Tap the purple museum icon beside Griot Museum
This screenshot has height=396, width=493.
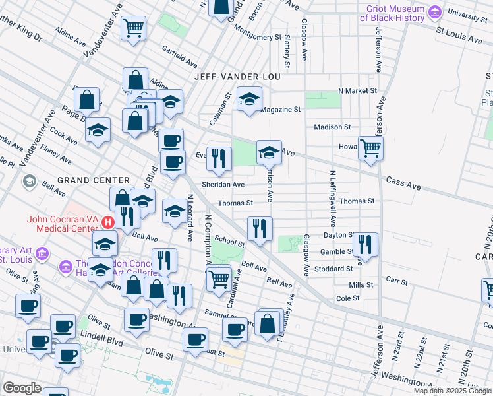coord(434,12)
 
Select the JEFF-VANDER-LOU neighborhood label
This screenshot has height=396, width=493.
coord(237,77)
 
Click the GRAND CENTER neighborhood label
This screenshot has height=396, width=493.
coord(93,180)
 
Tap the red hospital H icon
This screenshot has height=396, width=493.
coord(121,215)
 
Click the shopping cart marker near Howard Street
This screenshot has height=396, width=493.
coord(370,148)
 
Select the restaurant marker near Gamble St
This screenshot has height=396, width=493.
coord(364,244)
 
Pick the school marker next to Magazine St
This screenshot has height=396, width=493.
coord(249,100)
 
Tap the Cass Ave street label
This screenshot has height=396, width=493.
coord(403,180)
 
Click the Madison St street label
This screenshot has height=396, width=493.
coord(333,127)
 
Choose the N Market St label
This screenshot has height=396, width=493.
coord(357,90)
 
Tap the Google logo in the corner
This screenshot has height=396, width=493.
coord(22,388)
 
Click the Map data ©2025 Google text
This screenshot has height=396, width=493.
coord(452,391)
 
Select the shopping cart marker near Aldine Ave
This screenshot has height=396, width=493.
coord(134,28)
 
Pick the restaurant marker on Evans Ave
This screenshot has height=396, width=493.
coord(219,158)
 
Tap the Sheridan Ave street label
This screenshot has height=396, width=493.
coord(224,185)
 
